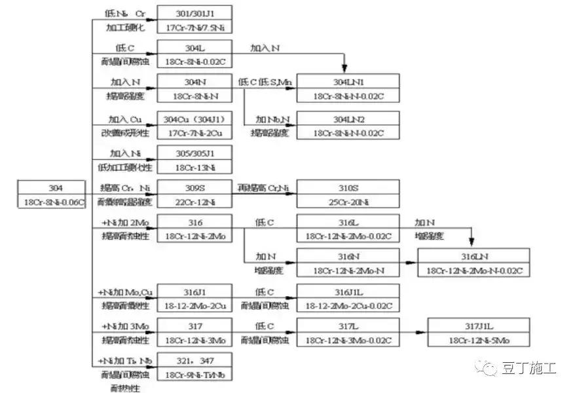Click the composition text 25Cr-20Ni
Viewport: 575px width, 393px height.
coord(348,202)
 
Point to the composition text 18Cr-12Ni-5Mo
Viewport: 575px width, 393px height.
coord(479,340)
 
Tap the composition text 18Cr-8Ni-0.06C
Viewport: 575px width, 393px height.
coord(51,202)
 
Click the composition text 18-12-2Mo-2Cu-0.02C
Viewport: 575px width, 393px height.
coord(348,305)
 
